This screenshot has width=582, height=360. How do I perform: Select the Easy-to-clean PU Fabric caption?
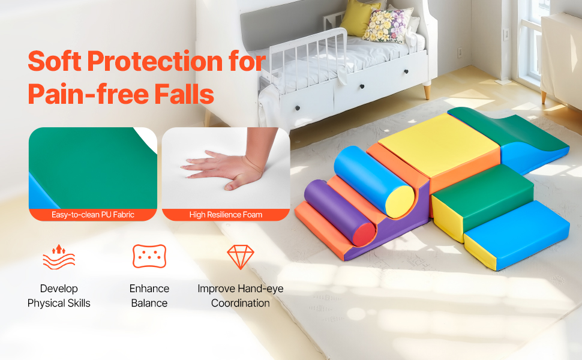(93, 215)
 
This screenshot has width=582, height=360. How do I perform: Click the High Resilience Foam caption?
(226, 215)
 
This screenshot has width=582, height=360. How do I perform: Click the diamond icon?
(241, 257)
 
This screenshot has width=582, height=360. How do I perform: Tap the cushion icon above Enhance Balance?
(149, 256)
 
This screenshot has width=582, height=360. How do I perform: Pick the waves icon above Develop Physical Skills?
(59, 256)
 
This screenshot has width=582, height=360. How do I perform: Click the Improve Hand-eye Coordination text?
(241, 296)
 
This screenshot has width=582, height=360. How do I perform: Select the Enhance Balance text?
(149, 296)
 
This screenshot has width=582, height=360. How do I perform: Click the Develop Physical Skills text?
(59, 296)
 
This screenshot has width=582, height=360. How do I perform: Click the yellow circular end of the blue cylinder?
(400, 202)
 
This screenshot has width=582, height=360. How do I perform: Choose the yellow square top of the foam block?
(439, 145)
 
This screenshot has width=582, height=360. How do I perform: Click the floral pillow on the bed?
(387, 25)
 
